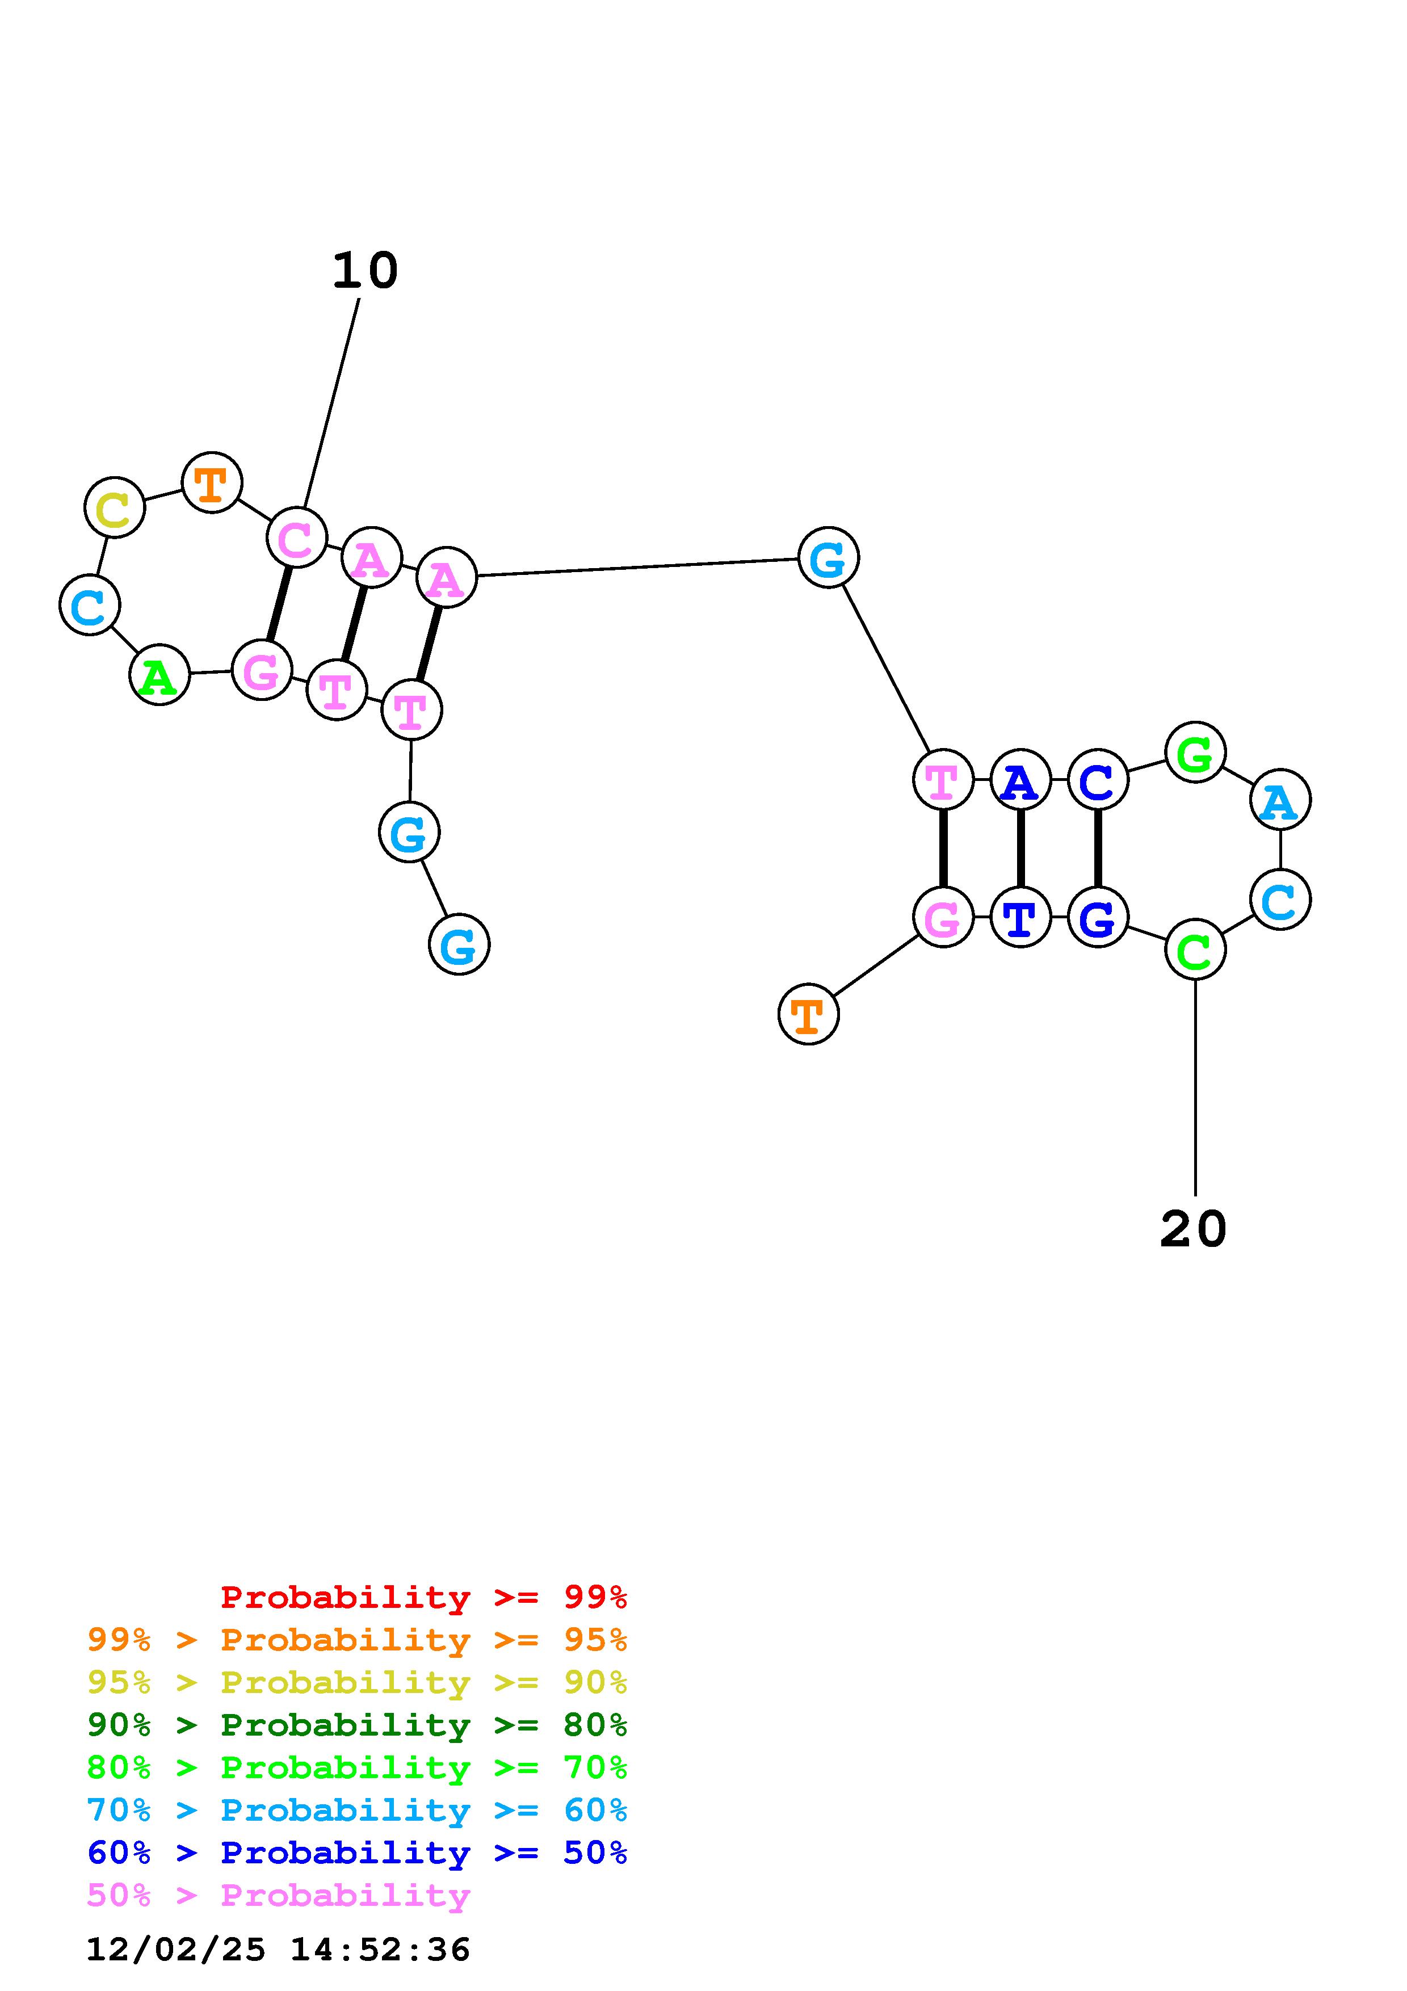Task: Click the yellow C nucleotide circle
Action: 115,507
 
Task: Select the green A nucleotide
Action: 159,675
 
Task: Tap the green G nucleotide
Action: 1195,752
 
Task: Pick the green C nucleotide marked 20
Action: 1195,950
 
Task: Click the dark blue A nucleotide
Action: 1020,780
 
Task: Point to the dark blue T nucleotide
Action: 1020,917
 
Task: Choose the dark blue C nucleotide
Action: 1098,780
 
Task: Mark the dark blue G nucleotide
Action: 1098,917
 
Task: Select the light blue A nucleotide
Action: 1280,800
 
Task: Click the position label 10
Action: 365,271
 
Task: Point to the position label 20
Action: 1193,1230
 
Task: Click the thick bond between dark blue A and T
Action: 1020,848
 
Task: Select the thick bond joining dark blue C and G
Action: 1098,848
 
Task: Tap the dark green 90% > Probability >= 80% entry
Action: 357,1725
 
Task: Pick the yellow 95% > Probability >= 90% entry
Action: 357,1682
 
